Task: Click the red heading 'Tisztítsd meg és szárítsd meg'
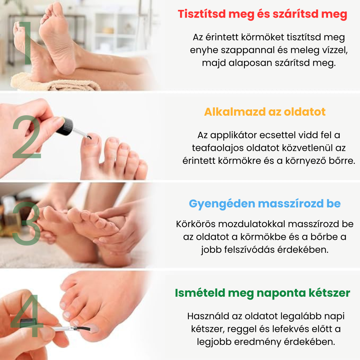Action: coord(262,14)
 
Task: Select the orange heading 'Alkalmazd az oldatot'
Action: coord(265,112)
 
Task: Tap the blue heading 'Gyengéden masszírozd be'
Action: coord(265,204)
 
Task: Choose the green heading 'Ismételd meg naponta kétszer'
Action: coord(262,293)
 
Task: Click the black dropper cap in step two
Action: coord(65,127)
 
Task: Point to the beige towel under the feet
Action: coord(53,83)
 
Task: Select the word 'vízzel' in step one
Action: coord(335,50)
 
